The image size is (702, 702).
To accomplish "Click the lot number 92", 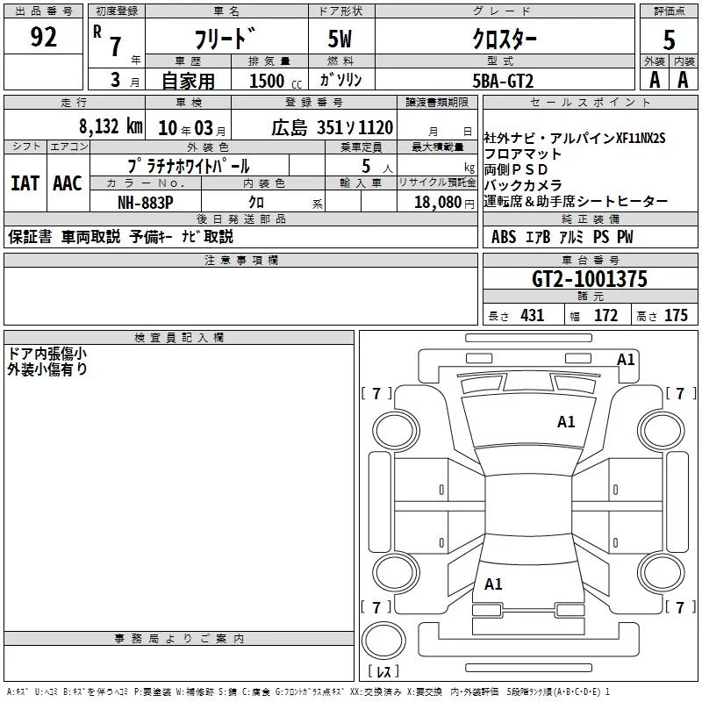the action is tap(44, 38).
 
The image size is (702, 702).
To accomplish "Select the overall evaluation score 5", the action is tap(670, 39).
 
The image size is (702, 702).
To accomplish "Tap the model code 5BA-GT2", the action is tap(503, 81).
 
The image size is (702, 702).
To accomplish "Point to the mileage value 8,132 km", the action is tap(110, 125).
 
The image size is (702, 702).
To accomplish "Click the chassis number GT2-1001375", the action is tap(590, 279).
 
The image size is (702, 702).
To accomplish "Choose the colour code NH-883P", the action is tap(146, 201).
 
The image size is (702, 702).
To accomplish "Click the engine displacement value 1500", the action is tap(267, 81).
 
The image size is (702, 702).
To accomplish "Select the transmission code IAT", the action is tap(25, 183).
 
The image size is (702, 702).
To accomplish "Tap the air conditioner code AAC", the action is tap(67, 183).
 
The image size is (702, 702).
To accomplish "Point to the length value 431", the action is tap(532, 316).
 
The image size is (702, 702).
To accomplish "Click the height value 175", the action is tap(676, 316).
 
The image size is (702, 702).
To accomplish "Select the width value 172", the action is tap(605, 316).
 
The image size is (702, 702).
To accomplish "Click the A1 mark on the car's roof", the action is tap(566, 422).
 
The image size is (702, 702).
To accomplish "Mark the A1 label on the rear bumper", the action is tap(493, 584).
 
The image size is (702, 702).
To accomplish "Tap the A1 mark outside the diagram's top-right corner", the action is tap(626, 359).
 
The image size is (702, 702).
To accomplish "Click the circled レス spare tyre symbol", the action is tap(383, 649).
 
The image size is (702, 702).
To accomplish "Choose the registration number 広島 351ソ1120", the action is tap(332, 126).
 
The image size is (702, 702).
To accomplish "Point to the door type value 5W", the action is tap(341, 39).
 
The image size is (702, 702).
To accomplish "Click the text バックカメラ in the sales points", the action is tap(523, 185).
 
